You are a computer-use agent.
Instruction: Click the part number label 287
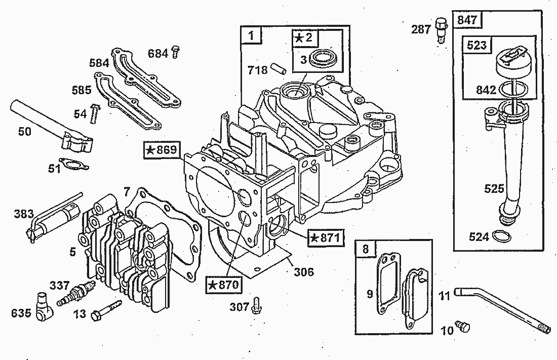[421, 29]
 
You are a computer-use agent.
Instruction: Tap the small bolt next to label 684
[175, 52]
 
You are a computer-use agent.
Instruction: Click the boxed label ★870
[224, 285]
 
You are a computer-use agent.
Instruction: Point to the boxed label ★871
[326, 237]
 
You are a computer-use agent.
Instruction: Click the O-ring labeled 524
[501, 236]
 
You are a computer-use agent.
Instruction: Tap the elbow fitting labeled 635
[45, 307]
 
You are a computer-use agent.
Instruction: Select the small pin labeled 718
[279, 68]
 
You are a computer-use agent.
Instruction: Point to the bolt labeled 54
[94, 113]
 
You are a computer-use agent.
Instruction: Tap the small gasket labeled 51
[74, 164]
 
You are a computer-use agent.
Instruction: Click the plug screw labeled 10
[463, 326]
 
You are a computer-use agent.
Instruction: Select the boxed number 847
[467, 20]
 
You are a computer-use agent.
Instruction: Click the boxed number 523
[476, 45]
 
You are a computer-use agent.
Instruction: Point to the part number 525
[494, 188]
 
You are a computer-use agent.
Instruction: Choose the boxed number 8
[366, 249]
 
